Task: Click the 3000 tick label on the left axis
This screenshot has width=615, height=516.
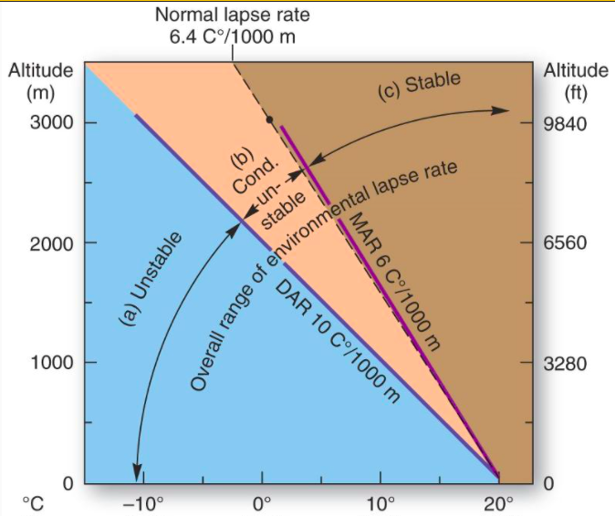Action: tap(52, 123)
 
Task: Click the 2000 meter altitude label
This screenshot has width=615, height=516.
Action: tap(52, 243)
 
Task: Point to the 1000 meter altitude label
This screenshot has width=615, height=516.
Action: tap(52, 363)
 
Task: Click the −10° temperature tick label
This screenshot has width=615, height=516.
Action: tap(144, 503)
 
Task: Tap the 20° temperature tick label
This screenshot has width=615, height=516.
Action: tap(499, 503)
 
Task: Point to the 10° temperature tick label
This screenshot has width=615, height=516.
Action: tap(380, 503)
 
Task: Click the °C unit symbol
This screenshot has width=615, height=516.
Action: tap(33, 503)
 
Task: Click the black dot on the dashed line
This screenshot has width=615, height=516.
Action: tap(269, 119)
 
